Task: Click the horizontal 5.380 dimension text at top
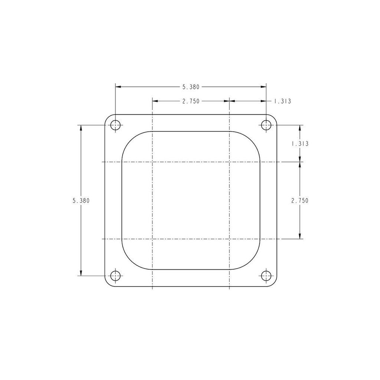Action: (x=191, y=87)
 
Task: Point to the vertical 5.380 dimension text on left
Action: (x=81, y=201)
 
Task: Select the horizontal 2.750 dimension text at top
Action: (x=191, y=101)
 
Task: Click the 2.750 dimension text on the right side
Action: (x=300, y=201)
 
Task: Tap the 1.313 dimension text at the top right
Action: (x=282, y=101)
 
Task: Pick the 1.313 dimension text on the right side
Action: (x=300, y=144)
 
